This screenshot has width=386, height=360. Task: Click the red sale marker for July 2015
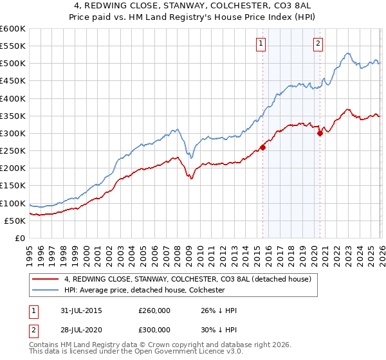tap(263, 147)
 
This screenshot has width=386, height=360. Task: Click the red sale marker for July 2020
tap(320, 134)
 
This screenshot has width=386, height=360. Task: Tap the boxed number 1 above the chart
tap(261, 44)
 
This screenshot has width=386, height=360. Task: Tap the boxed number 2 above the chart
tap(318, 44)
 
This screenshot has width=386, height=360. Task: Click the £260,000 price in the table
tap(154, 310)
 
